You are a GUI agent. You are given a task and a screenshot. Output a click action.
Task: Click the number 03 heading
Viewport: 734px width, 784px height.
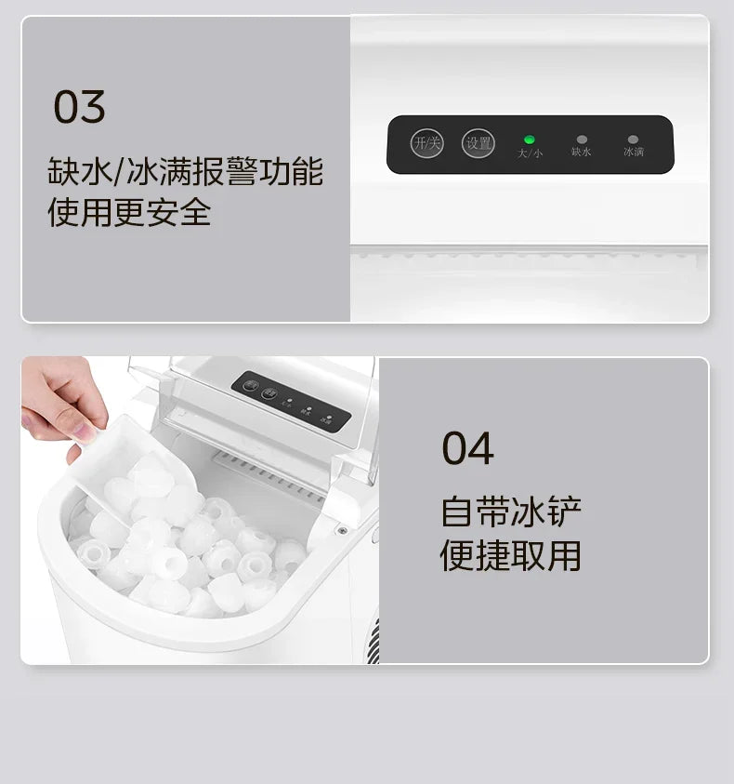tap(79, 107)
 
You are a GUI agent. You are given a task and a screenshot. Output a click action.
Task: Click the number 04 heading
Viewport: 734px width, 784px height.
tap(467, 448)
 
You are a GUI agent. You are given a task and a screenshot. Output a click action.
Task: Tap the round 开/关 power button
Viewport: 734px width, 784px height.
tap(427, 143)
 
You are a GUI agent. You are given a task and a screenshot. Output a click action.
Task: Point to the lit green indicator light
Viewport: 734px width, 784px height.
tap(530, 140)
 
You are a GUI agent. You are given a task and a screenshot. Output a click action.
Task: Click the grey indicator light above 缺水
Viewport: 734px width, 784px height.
tap(582, 140)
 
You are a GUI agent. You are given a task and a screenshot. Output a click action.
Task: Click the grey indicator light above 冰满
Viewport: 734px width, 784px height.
tap(634, 140)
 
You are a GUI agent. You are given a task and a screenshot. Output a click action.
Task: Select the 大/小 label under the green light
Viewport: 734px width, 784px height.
tap(530, 153)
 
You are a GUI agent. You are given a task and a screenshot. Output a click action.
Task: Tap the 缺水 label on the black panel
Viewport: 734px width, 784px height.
tap(582, 152)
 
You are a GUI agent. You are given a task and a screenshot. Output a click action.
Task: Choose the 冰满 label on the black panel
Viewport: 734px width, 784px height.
tap(634, 152)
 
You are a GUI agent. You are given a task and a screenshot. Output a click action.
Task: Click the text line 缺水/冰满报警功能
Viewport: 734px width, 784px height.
tap(185, 172)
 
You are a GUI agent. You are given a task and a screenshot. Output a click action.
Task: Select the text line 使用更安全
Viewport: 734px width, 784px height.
tap(129, 213)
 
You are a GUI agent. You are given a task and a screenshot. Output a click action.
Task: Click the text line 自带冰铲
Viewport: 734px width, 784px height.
tap(511, 513)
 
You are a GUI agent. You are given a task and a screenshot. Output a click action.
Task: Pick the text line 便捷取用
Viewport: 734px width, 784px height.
tap(511, 556)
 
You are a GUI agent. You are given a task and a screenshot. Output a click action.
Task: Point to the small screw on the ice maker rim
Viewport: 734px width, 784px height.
tap(343, 530)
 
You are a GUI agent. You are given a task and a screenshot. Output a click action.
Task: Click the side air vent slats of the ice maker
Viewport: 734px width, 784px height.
tap(373, 642)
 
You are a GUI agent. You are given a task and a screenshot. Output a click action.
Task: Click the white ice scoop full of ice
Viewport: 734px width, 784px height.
tap(139, 474)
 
